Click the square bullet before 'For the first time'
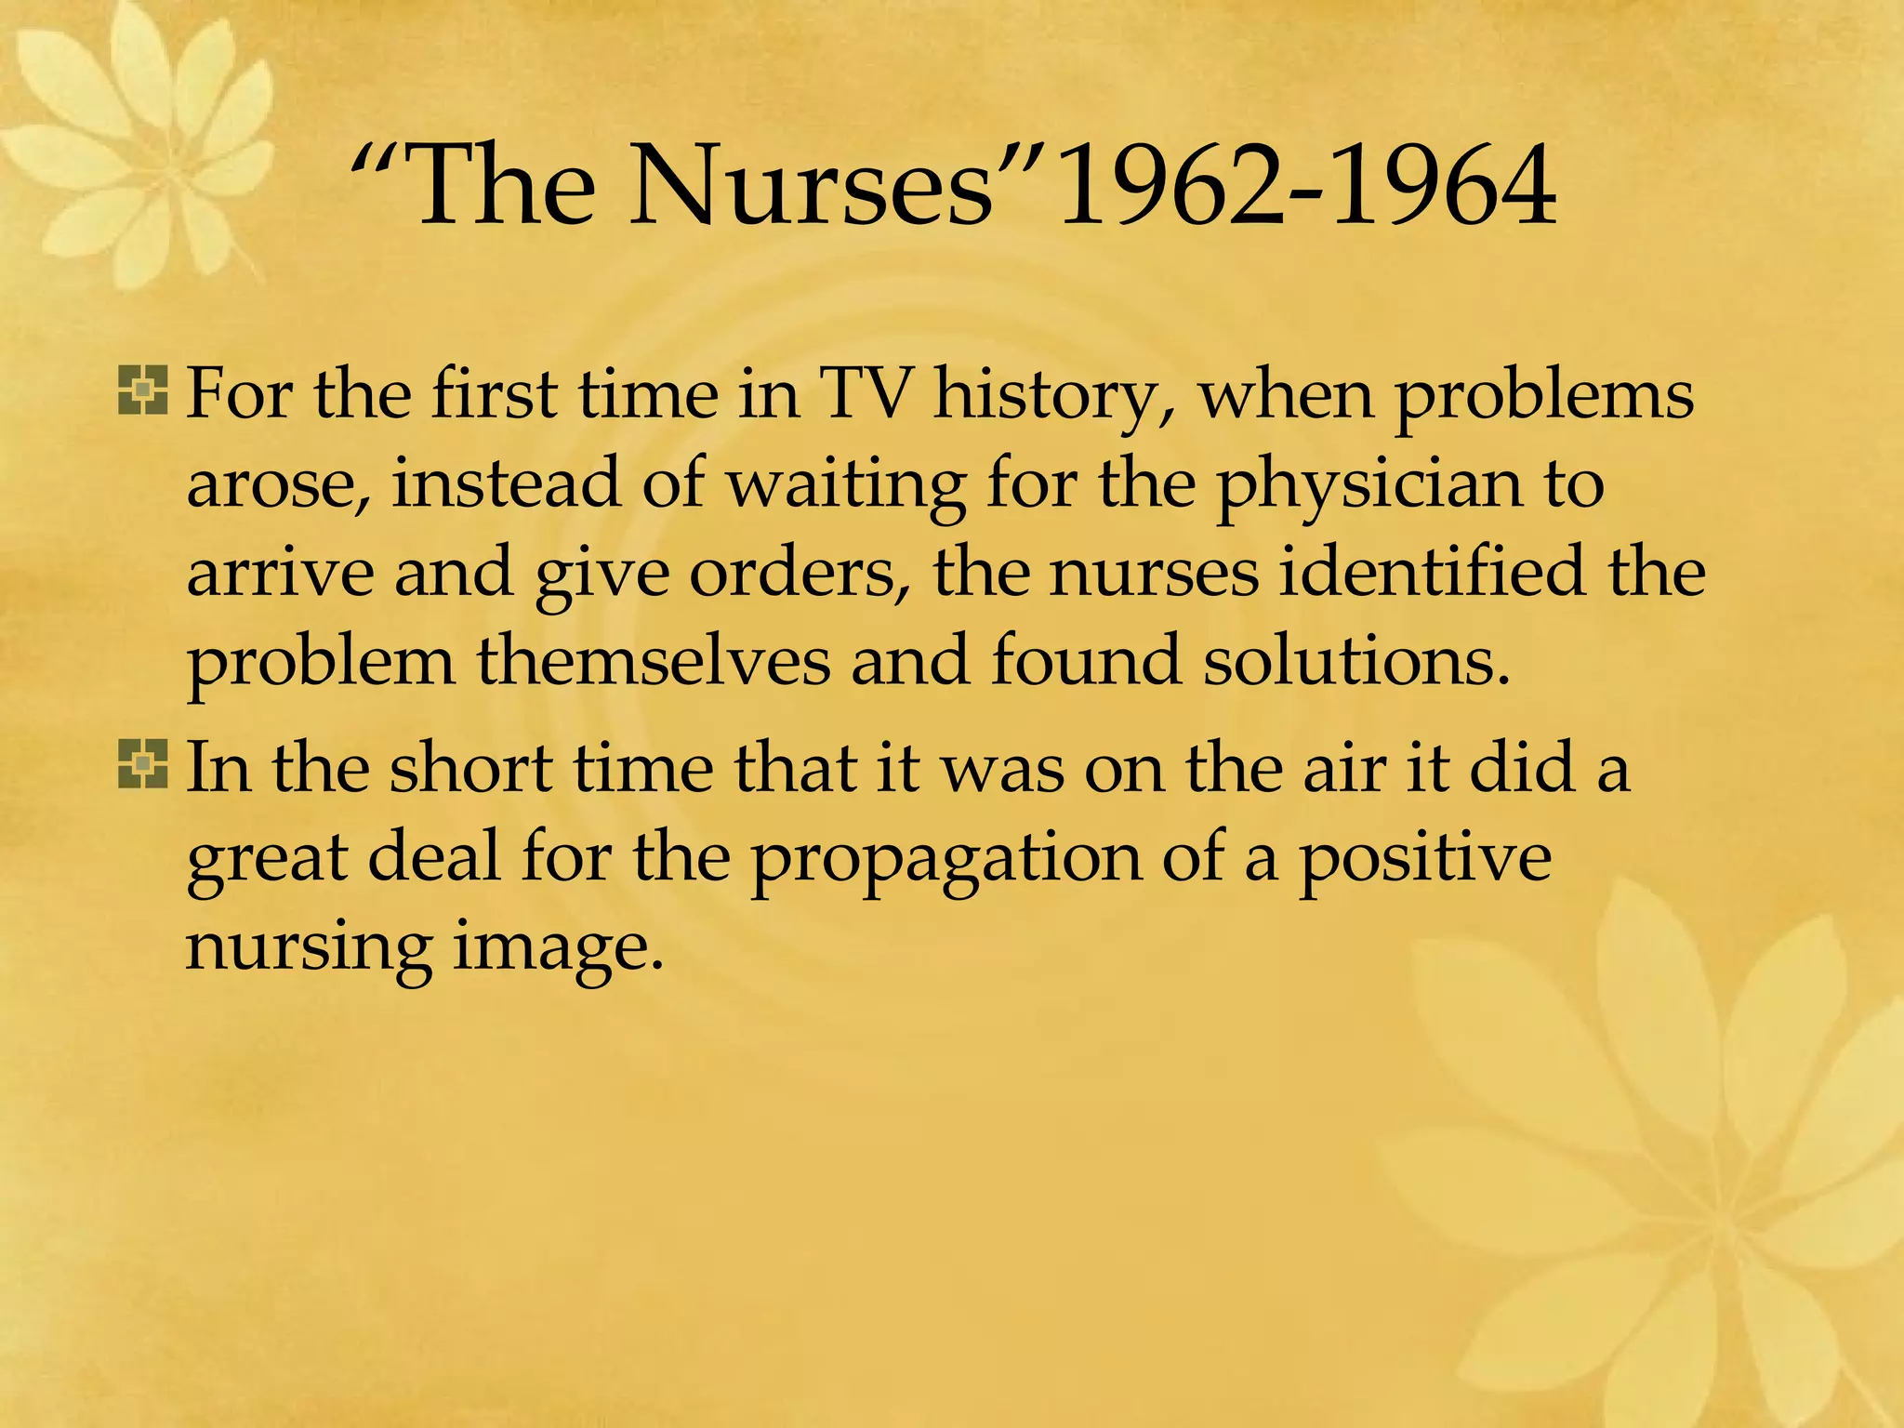pos(143,390)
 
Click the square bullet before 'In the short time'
pos(143,764)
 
